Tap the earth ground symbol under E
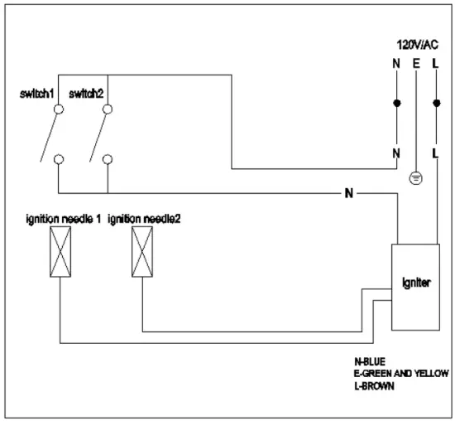click(x=415, y=177)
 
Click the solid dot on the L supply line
click(x=436, y=104)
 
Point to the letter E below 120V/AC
click(x=415, y=62)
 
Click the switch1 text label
click(x=37, y=94)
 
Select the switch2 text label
click(x=88, y=94)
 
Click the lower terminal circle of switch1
click(x=58, y=158)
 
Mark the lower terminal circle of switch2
click(x=107, y=158)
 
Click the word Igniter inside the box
click(x=416, y=283)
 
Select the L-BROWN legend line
click(x=375, y=386)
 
